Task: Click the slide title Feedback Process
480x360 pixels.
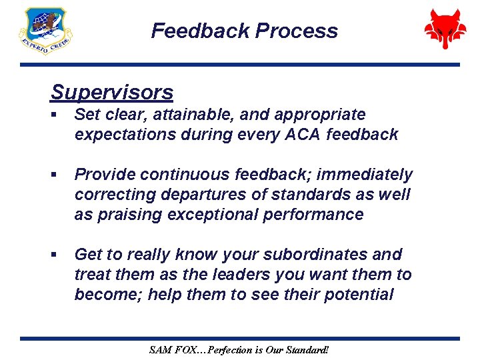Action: (x=244, y=31)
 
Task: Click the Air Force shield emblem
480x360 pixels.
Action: (x=45, y=31)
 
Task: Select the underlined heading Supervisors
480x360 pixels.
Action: (x=111, y=92)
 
